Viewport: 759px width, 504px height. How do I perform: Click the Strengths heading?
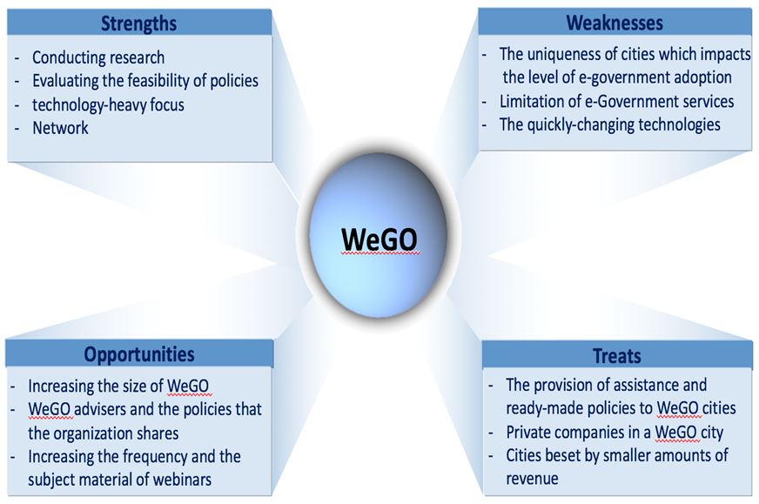pos(139,24)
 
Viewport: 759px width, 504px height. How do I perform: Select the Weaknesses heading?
pos(615,23)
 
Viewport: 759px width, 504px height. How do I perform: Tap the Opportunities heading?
pos(139,354)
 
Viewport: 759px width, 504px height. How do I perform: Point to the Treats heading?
pos(617,356)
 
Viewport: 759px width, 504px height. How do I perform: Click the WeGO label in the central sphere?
pos(379,239)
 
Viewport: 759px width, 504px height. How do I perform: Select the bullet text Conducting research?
pos(98,57)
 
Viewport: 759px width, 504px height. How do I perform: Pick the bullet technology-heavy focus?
pos(109,104)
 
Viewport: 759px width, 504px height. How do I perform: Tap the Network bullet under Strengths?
pos(61,128)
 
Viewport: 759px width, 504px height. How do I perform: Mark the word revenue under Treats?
pos(532,479)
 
